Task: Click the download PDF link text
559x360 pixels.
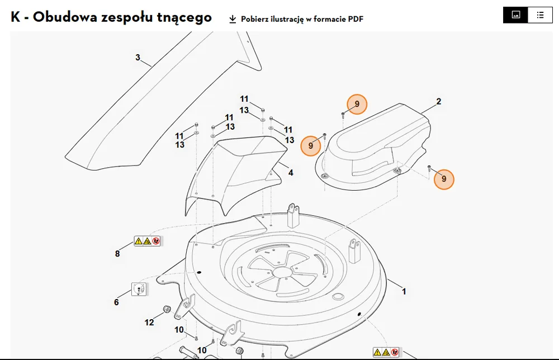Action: [x=302, y=19]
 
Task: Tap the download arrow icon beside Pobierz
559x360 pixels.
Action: [x=233, y=19]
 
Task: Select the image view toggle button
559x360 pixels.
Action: [x=515, y=15]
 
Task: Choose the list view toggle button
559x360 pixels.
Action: [x=540, y=15]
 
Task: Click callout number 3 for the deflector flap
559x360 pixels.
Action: [x=138, y=58]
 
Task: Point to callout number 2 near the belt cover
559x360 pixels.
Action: [x=439, y=102]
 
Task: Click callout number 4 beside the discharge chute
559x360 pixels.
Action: [x=291, y=173]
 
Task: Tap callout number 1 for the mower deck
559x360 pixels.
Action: [x=404, y=292]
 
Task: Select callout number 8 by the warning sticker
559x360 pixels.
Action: [x=117, y=254]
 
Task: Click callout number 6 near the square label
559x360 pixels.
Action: [x=116, y=302]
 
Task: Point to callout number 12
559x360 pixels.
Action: [x=149, y=323]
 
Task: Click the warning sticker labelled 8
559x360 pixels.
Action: [x=147, y=241]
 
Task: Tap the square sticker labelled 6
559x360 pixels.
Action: [x=139, y=289]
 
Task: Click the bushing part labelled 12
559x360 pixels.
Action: [x=167, y=309]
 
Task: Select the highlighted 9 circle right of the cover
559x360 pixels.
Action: [x=444, y=179]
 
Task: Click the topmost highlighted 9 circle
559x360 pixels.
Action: [x=357, y=104]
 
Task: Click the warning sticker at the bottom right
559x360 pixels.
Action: [x=386, y=352]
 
